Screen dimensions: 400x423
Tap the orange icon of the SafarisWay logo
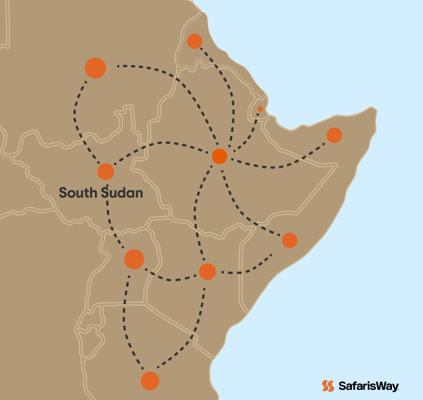pyautogui.click(x=328, y=386)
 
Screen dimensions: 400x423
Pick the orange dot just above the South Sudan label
pyautogui.click(x=106, y=171)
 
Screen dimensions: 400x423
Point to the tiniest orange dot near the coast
pyautogui.click(x=260, y=109)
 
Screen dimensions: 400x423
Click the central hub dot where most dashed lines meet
pyautogui.click(x=220, y=156)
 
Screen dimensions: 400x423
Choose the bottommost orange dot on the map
pyautogui.click(x=150, y=380)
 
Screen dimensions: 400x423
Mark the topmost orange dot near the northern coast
pyautogui.click(x=194, y=41)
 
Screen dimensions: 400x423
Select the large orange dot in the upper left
pyautogui.click(x=95, y=68)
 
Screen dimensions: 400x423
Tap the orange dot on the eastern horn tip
pyautogui.click(x=334, y=135)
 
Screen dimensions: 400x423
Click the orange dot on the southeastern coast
pyautogui.click(x=289, y=240)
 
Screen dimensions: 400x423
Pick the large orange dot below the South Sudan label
pyautogui.click(x=134, y=259)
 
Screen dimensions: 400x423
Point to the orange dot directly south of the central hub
pyautogui.click(x=207, y=271)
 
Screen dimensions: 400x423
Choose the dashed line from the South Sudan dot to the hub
pyautogui.click(x=161, y=143)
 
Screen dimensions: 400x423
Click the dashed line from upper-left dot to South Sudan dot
pyautogui.click(x=77, y=119)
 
